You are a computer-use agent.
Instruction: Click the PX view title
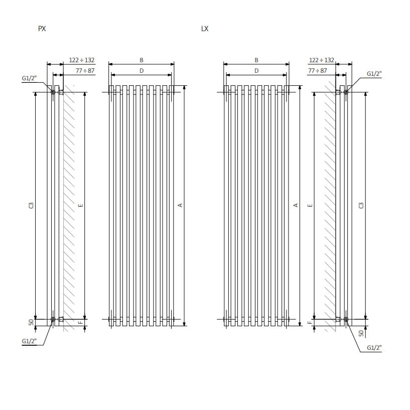[x=42, y=29]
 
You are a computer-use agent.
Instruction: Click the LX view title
[x=204, y=29]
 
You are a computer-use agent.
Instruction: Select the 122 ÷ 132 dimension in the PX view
[x=82, y=60]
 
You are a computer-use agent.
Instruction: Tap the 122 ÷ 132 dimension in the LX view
[x=322, y=60]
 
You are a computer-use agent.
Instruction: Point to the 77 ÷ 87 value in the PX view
[x=85, y=71]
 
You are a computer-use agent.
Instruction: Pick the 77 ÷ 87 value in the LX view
[x=317, y=71]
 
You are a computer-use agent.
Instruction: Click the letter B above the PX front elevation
[x=142, y=60]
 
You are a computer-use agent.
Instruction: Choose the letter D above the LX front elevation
[x=256, y=71]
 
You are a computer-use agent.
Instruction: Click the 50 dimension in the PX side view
[x=31, y=322]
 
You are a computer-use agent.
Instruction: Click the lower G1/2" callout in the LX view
[x=374, y=347]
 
